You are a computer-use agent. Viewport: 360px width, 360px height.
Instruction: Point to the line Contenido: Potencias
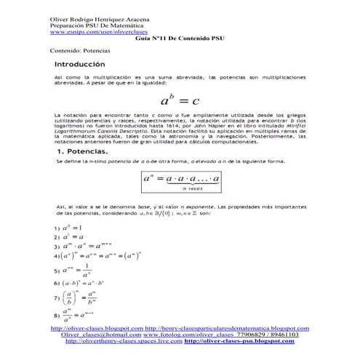80,52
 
